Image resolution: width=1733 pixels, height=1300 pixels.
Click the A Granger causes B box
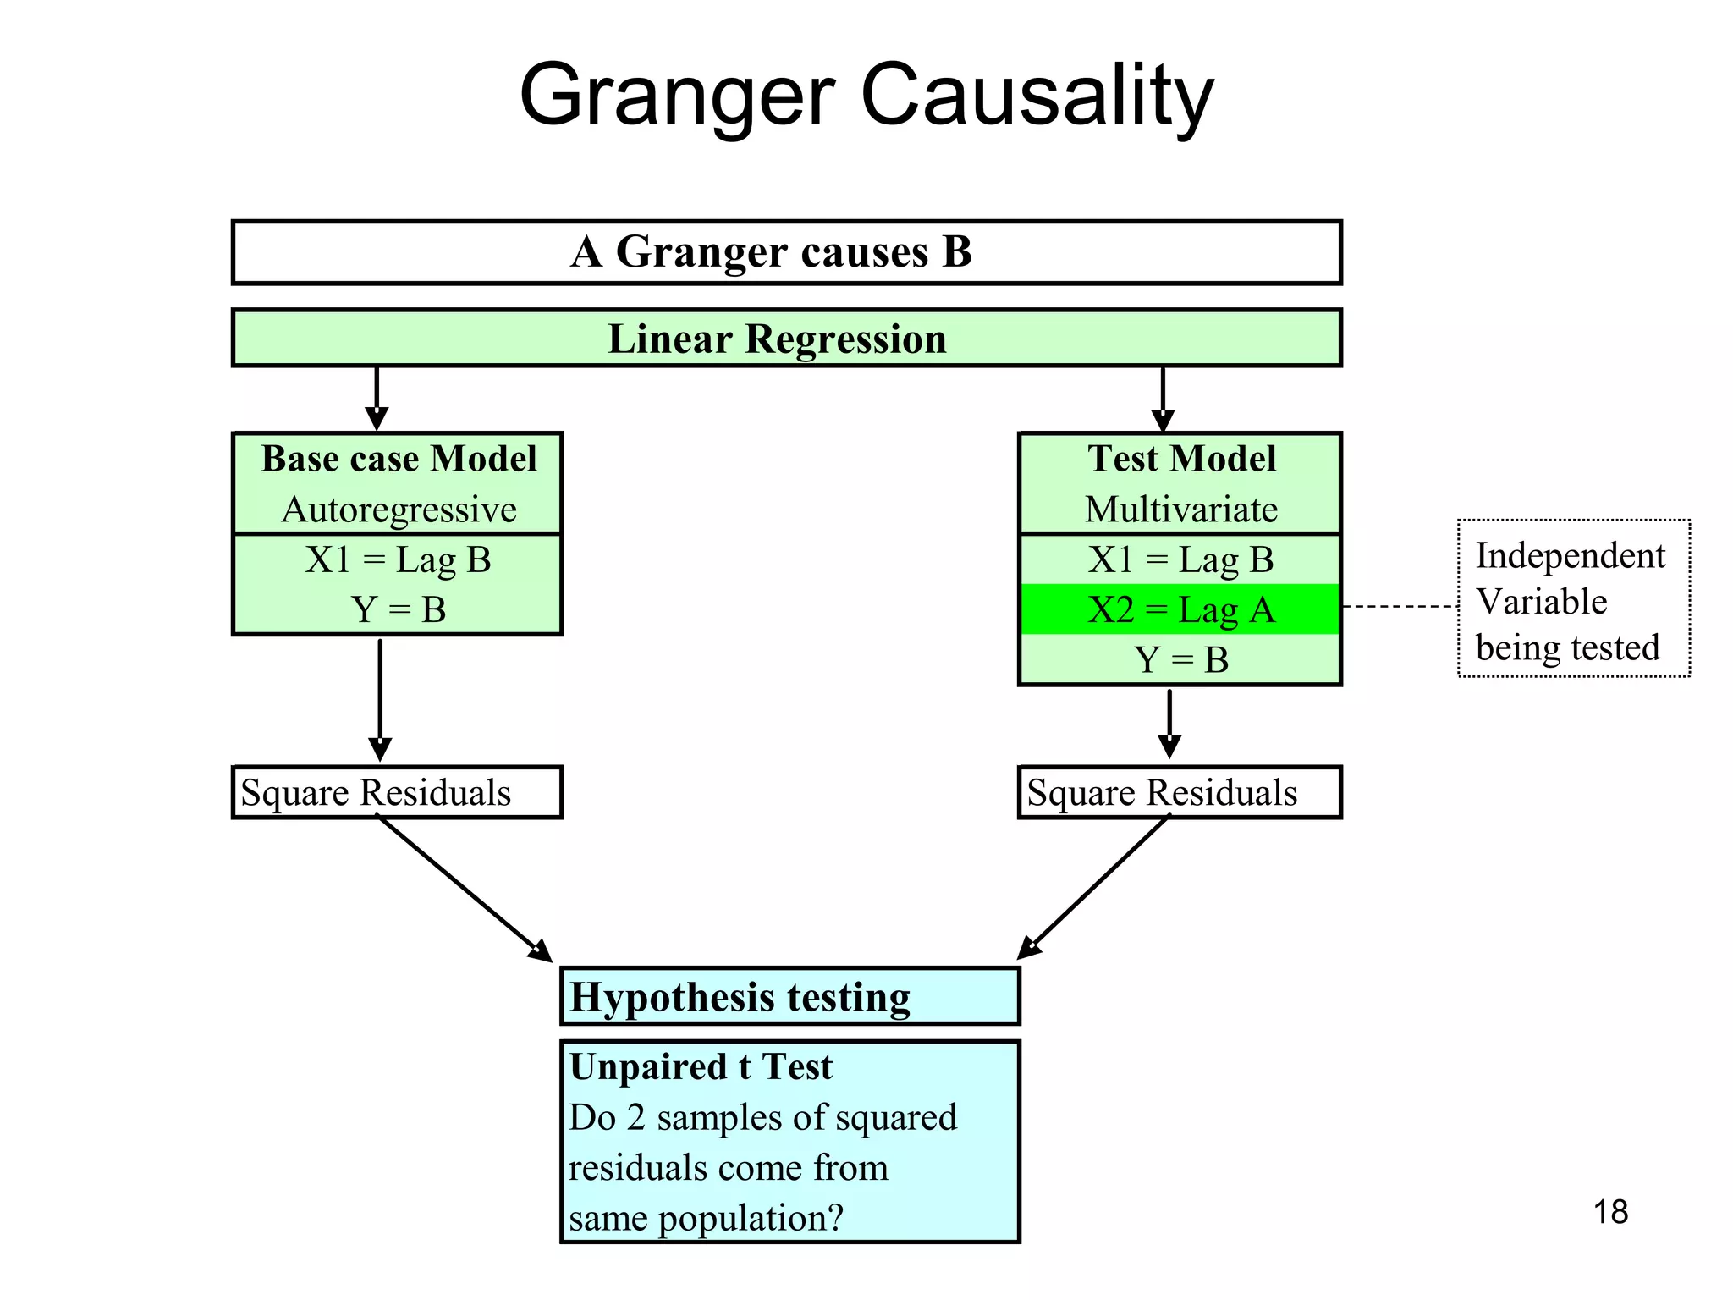point(786,252)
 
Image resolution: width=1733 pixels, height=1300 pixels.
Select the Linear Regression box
point(786,339)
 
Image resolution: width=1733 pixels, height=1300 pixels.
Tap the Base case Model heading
point(399,459)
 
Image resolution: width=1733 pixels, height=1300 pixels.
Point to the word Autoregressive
point(399,510)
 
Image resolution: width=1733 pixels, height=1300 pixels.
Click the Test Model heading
point(1181,459)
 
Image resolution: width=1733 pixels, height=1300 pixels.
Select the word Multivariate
point(1181,510)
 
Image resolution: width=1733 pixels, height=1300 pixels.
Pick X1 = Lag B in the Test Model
point(1181,559)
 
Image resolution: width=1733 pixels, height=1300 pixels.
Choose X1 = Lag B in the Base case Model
point(399,559)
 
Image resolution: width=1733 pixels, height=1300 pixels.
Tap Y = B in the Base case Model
point(399,609)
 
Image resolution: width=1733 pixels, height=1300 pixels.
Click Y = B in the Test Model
point(1181,659)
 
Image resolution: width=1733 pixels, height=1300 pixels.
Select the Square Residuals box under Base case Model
point(397,792)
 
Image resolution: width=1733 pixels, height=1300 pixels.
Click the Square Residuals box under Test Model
point(1180,792)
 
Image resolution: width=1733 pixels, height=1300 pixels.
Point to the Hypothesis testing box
point(789,996)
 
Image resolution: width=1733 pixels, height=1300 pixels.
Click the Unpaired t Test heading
point(701,1066)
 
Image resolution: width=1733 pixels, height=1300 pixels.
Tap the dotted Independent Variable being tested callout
point(1573,599)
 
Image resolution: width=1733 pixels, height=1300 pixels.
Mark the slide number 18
point(1610,1212)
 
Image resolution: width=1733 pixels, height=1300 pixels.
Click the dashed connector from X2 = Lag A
point(1400,607)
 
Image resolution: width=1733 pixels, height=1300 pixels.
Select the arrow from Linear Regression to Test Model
point(1163,398)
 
